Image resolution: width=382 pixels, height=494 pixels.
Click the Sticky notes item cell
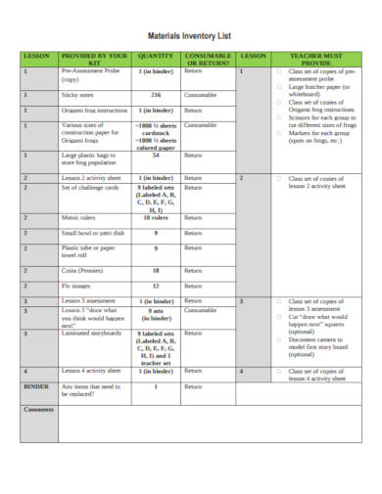[x=77, y=95]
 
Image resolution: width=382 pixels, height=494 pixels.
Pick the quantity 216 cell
[x=156, y=95]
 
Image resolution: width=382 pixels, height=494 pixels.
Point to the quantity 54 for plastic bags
[x=156, y=155]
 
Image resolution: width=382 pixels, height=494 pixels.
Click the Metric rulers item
[x=80, y=217]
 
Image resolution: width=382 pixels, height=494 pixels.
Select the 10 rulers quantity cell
[x=156, y=217]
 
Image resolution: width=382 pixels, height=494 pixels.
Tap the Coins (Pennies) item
[x=83, y=270]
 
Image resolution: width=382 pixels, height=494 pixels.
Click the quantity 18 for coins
[x=156, y=270]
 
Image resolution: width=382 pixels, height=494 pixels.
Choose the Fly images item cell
[x=76, y=286]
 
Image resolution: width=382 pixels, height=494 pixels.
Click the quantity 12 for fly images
[x=156, y=286]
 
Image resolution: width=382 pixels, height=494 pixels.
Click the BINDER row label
[x=35, y=386]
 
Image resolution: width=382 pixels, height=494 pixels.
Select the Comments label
[x=39, y=408]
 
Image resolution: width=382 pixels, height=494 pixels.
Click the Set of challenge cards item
[x=95, y=187]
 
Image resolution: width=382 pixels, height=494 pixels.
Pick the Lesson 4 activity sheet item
[x=91, y=372]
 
